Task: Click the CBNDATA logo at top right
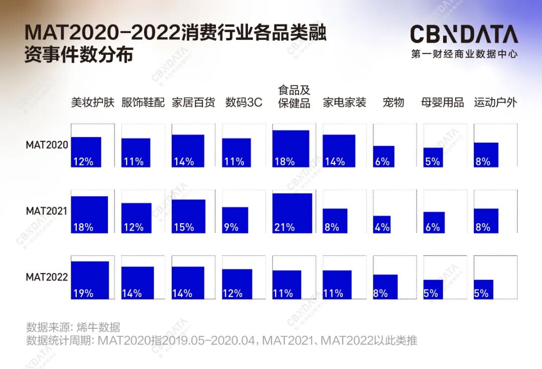[464, 35]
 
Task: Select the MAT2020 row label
[47, 145]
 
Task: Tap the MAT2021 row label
[47, 211]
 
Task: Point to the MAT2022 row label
[47, 277]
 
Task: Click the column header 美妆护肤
[93, 103]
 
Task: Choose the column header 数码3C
[243, 103]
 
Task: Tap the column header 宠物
[393, 103]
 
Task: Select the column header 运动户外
[495, 103]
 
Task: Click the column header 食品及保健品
[294, 97]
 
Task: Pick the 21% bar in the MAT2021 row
[292, 213]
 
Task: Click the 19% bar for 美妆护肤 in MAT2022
[90, 280]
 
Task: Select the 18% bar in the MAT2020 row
[291, 148]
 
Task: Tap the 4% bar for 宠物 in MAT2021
[382, 224]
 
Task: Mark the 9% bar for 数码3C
[235, 220]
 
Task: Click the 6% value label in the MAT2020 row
[382, 161]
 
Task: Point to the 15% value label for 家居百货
[184, 227]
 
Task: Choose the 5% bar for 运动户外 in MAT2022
[483, 289]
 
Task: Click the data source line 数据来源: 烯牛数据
[73, 327]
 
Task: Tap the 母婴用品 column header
[442, 103]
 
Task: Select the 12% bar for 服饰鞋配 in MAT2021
[136, 218]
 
